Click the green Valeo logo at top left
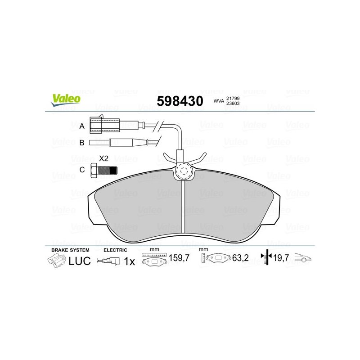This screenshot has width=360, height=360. tap(66, 100)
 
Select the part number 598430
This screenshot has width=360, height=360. tap(180, 101)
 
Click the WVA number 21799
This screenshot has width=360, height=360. tap(233, 99)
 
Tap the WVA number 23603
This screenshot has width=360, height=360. tap(233, 103)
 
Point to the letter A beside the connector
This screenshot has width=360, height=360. tap(82, 126)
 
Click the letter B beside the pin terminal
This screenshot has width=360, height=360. tap(82, 143)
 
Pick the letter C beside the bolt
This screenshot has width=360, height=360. tap(82, 170)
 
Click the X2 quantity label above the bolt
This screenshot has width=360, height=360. tap(103, 158)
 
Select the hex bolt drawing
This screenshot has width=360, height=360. tap(104, 171)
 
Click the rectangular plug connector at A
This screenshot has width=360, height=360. tap(105, 125)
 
